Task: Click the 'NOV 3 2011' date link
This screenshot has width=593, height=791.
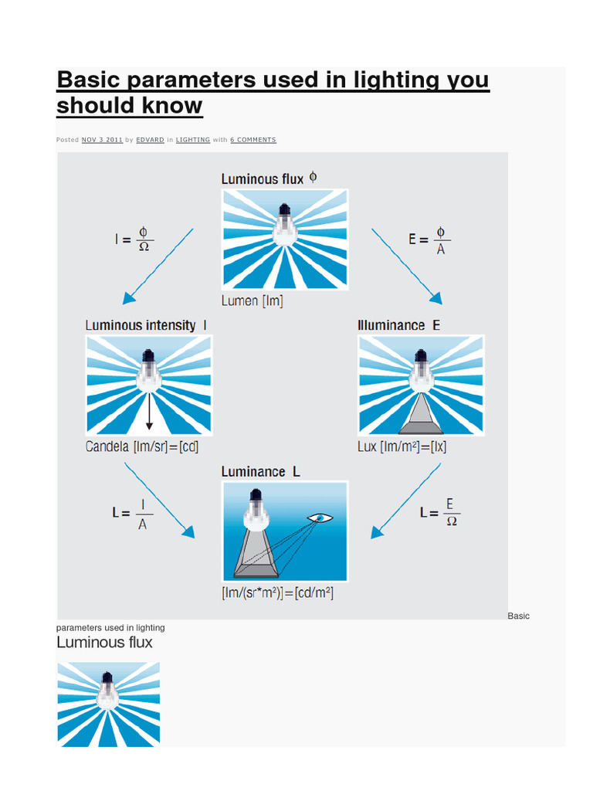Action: pos(102,140)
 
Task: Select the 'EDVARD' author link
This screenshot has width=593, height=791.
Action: pos(150,140)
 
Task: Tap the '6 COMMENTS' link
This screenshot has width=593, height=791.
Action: pos(252,140)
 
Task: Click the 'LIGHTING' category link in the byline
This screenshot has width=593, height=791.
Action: pos(192,140)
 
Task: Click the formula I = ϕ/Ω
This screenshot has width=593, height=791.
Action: pos(134,239)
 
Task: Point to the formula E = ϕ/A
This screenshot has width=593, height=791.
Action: pos(429,239)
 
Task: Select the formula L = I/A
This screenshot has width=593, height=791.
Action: pos(132,514)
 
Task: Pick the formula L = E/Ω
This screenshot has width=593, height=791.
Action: pos(440,513)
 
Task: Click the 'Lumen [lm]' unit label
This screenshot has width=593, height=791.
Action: pos(252,301)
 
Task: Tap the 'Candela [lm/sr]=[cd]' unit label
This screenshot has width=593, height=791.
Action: pos(142,446)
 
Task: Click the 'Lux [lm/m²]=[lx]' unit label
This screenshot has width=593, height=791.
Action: pos(402,446)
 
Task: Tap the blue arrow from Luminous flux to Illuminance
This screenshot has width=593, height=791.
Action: pos(406,266)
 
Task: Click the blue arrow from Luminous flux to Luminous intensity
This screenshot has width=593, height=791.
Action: pos(158,266)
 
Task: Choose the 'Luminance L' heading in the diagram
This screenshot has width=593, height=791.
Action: pos(260,471)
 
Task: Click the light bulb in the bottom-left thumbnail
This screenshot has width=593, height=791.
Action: pos(107,690)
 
